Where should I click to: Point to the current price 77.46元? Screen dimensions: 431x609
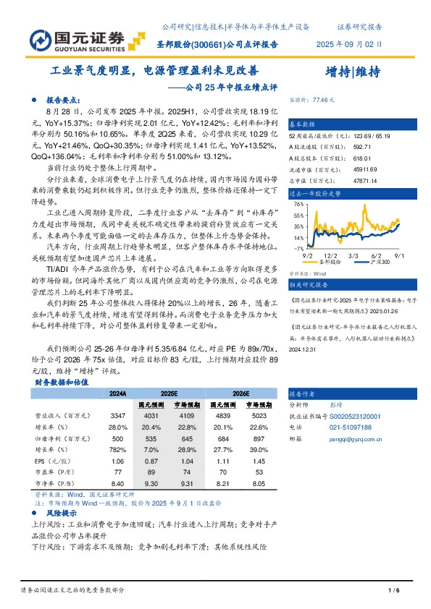pos(320,98)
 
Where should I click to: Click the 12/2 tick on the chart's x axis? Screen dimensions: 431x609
pos(330,254)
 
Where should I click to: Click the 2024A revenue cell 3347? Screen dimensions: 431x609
pos(118,417)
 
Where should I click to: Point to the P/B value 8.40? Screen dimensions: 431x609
pos(118,482)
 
